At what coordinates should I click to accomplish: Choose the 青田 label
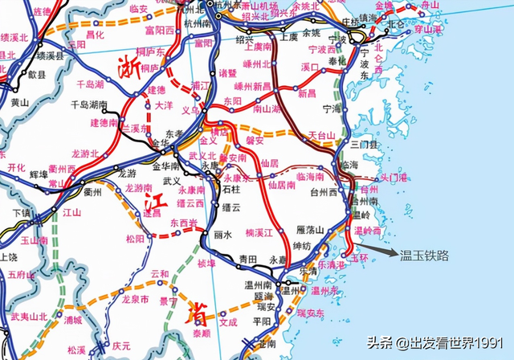coord(249,259)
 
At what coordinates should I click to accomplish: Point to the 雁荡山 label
coord(310,230)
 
